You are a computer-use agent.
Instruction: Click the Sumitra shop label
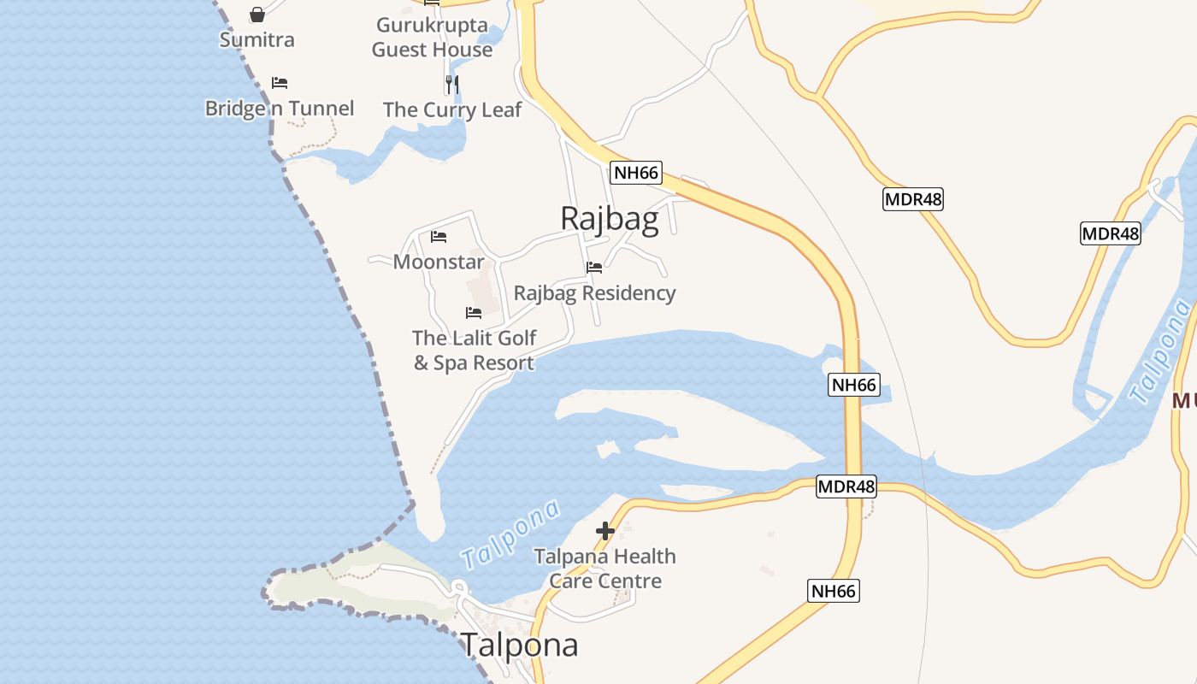256,39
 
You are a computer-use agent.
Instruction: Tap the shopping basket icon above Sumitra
257,15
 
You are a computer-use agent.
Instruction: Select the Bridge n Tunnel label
279,109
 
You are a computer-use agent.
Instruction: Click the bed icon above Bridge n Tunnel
280,83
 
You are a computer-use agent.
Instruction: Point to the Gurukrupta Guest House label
432,38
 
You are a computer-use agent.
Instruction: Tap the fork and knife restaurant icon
452,84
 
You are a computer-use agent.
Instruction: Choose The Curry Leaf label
452,109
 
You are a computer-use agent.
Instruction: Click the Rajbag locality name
609,219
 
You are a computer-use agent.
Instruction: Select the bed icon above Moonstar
439,237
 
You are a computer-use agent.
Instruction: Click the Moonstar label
439,262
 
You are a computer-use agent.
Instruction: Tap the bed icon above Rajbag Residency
594,268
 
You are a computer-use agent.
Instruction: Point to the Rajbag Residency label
594,293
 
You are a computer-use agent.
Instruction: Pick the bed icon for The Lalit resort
474,313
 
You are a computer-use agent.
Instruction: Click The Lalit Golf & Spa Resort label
474,351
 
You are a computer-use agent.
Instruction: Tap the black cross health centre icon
605,531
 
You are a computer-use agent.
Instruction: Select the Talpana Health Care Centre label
605,569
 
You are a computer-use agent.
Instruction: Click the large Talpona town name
520,645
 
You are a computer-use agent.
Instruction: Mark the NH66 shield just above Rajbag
636,173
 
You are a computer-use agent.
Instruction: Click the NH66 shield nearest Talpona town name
833,591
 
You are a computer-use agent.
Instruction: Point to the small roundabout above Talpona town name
458,587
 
